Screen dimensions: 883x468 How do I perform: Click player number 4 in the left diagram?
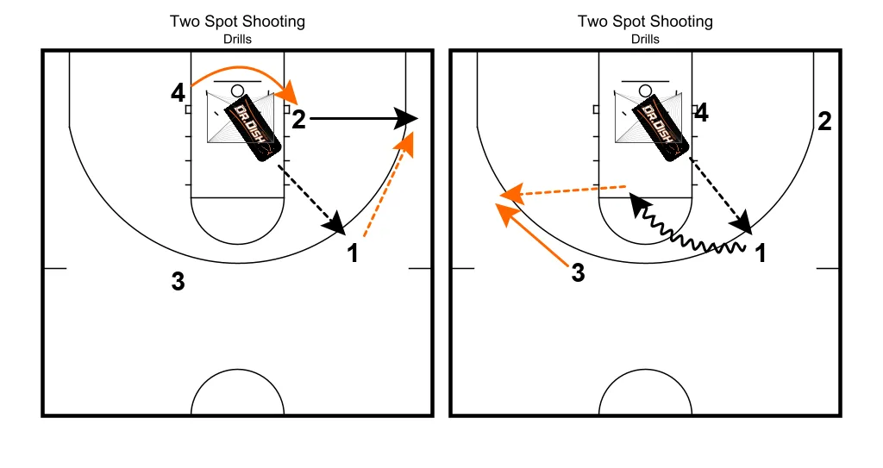(x=178, y=92)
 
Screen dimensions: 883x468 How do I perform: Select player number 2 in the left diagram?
(x=298, y=119)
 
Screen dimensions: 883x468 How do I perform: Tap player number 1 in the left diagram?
(x=352, y=253)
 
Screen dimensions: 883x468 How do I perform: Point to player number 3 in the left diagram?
(x=178, y=281)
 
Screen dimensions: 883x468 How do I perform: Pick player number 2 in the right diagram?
(x=824, y=122)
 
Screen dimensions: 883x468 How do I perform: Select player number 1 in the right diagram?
(x=761, y=253)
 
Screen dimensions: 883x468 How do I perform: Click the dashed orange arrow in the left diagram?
(x=386, y=184)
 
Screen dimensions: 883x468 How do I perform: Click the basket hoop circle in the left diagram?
(x=237, y=90)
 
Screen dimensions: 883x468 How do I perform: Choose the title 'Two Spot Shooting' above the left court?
(x=237, y=21)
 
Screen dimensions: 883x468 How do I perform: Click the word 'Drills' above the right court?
(x=645, y=39)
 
